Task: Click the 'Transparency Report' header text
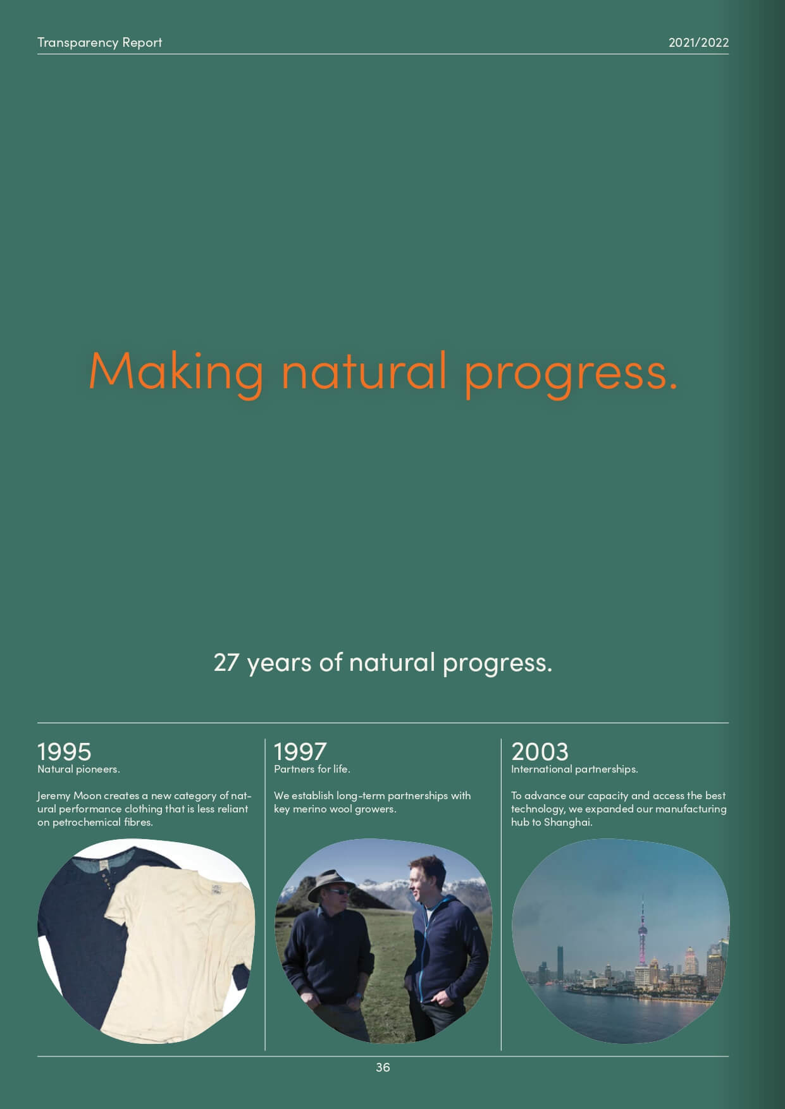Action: [x=99, y=42]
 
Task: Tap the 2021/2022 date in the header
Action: [x=698, y=42]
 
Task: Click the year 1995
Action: [x=65, y=751]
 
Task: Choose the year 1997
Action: [x=300, y=751]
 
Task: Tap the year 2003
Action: [x=540, y=751]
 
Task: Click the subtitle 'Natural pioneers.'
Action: [x=78, y=769]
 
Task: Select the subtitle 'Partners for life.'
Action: [x=312, y=769]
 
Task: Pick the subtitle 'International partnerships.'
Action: [x=574, y=769]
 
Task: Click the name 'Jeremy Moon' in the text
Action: [x=69, y=795]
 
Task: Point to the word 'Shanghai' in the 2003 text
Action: [x=567, y=823]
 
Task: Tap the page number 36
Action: [x=383, y=1067]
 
